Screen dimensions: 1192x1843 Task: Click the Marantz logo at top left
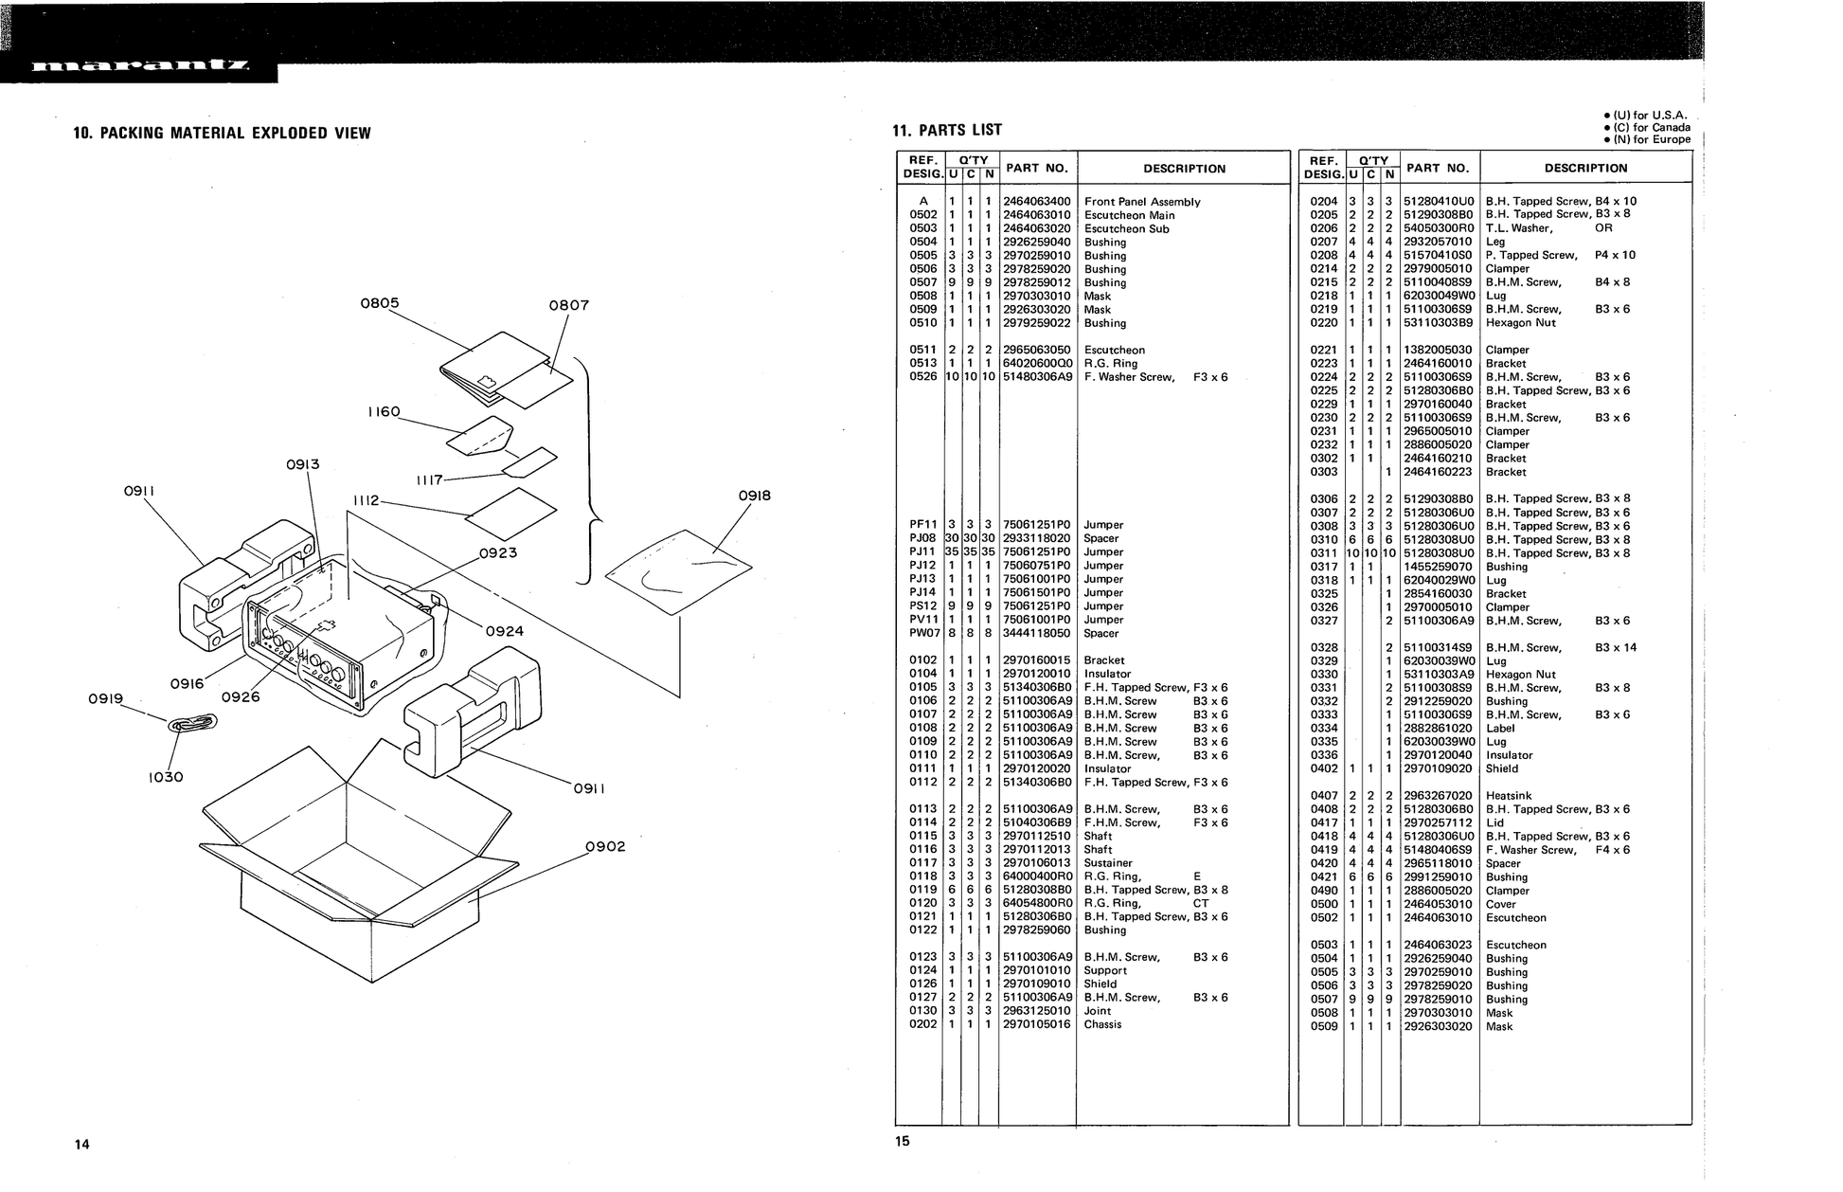click(140, 67)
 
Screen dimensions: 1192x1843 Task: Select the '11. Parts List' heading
click(947, 130)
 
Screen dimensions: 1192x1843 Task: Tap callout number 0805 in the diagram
click(380, 303)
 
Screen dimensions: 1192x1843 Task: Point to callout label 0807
click(569, 305)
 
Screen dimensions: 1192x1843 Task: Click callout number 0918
click(754, 496)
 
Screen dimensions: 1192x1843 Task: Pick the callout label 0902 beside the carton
click(605, 846)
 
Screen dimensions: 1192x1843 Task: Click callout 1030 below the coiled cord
click(166, 778)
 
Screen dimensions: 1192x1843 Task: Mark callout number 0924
click(505, 631)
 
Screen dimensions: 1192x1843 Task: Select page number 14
click(82, 1145)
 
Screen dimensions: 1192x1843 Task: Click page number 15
click(902, 1141)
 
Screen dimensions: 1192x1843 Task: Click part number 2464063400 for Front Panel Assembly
click(1036, 202)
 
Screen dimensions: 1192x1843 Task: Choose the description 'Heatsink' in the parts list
click(1508, 796)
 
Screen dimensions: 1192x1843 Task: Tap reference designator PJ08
click(922, 538)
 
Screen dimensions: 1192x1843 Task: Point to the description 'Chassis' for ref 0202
click(1102, 1024)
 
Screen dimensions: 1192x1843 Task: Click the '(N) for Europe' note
click(1647, 139)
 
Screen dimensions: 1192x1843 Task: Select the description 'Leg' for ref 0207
click(1495, 242)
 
